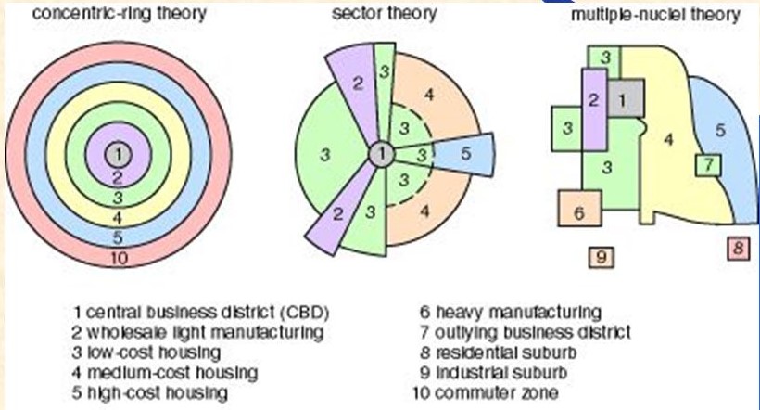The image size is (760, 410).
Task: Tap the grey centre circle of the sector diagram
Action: [380, 154]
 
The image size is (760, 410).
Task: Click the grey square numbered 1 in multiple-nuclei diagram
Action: [624, 96]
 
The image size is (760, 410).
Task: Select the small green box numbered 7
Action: [708, 165]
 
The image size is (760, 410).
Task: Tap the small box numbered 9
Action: [602, 256]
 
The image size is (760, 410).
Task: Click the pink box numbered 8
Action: [738, 249]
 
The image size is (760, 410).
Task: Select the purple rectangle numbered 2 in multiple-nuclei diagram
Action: [594, 101]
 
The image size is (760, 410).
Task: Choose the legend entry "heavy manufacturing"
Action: [510, 311]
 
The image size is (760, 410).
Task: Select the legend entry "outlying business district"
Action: [526, 331]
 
